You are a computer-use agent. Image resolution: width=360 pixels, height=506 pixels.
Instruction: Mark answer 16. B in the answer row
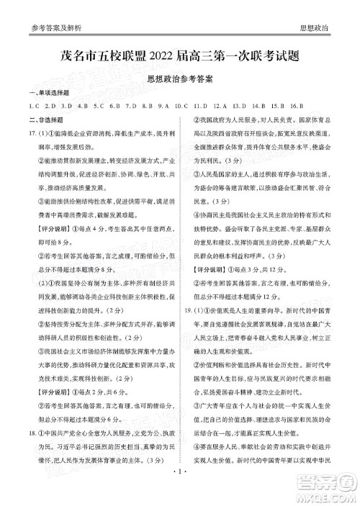tap(297, 107)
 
